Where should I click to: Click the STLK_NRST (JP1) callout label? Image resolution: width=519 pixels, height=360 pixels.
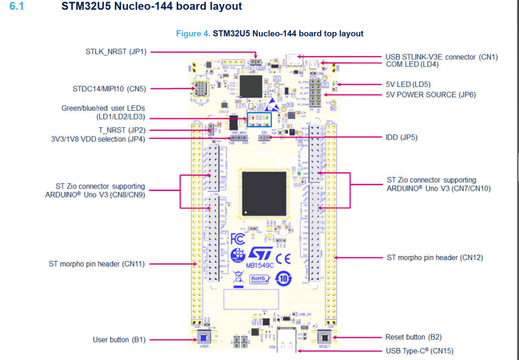pos(116,51)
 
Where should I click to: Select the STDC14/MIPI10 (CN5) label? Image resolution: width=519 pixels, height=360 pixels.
pos(109,89)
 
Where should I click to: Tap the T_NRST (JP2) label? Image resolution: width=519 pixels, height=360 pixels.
pos(122,130)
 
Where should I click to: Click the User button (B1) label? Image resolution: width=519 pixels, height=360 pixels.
pos(119,339)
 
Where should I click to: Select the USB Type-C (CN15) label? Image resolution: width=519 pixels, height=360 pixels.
pos(419,351)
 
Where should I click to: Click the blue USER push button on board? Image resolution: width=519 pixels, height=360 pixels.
pos(204,336)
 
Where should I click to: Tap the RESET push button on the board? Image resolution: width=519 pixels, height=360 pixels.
pos(324,337)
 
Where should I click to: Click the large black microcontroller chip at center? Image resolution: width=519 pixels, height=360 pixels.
pos(264,193)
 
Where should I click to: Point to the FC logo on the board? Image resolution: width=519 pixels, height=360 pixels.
pos(237,240)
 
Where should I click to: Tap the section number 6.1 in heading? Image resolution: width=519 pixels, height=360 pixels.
pos(16,6)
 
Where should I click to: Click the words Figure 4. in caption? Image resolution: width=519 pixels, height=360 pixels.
pos(193,33)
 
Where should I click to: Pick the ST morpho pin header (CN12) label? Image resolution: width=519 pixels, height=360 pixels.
pos(434,257)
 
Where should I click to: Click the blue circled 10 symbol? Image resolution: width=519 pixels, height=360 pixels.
pos(283,278)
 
